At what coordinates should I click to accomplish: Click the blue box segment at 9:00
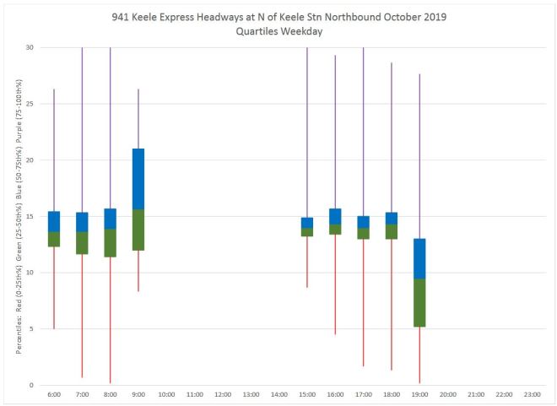click(138, 179)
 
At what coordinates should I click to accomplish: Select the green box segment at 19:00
click(419, 302)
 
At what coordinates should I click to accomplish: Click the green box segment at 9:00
click(138, 230)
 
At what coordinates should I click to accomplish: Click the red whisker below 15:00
click(307, 262)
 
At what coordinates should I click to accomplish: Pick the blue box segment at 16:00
click(335, 216)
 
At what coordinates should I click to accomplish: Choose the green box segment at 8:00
click(111, 242)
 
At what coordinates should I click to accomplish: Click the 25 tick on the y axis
click(30, 104)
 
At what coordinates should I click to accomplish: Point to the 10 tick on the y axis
click(30, 273)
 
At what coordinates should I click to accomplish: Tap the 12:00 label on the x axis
click(223, 394)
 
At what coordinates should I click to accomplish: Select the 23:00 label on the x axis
click(532, 394)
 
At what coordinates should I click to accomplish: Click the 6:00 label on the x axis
click(54, 394)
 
